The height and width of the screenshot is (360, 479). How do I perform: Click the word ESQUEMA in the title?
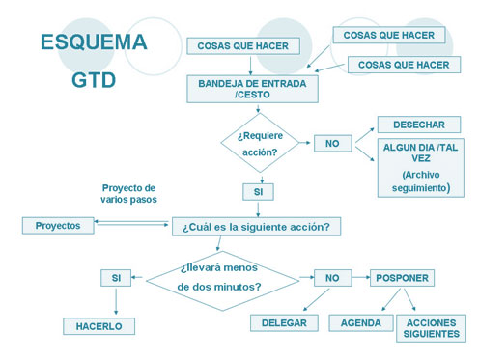tap(94, 42)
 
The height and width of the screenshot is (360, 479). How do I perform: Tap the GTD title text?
tap(94, 81)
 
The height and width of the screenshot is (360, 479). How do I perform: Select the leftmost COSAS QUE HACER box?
tap(242, 45)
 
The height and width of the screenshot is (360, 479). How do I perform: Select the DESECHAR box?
tap(418, 125)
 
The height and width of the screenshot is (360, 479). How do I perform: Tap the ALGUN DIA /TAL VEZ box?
tap(421, 167)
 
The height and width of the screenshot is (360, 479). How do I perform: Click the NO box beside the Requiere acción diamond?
tap(332, 143)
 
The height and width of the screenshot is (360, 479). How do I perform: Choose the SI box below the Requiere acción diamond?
tap(258, 191)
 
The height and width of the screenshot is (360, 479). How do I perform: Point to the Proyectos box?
tap(58, 225)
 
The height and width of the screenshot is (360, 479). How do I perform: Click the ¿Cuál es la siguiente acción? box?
tap(256, 227)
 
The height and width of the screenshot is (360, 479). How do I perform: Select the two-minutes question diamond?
tap(222, 278)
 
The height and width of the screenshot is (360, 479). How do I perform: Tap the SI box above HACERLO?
tap(116, 278)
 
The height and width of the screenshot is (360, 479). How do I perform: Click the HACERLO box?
tap(99, 326)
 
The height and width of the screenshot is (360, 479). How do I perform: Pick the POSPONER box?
tap(401, 278)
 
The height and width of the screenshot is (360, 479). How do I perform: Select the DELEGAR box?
tap(283, 323)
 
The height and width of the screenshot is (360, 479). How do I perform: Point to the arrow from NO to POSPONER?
tap(358, 278)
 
